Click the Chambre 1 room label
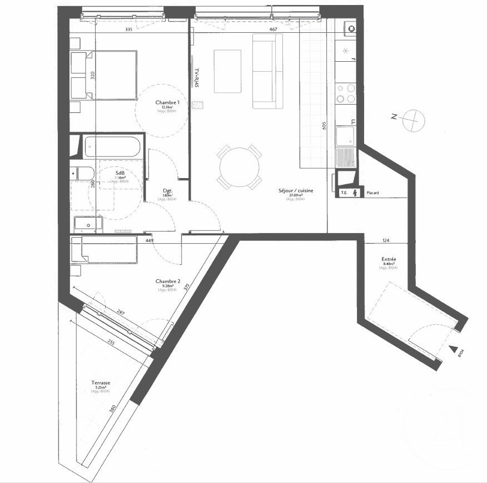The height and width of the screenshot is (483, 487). point(167,103)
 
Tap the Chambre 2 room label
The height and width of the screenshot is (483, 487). point(167,282)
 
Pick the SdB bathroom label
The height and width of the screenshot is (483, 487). point(120,172)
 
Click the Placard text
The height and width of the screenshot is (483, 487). point(372,193)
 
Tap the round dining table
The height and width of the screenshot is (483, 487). point(239,167)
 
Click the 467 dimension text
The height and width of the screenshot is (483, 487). point(273,29)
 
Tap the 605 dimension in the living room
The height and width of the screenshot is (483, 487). point(322,125)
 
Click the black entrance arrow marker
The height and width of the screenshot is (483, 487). point(455,349)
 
